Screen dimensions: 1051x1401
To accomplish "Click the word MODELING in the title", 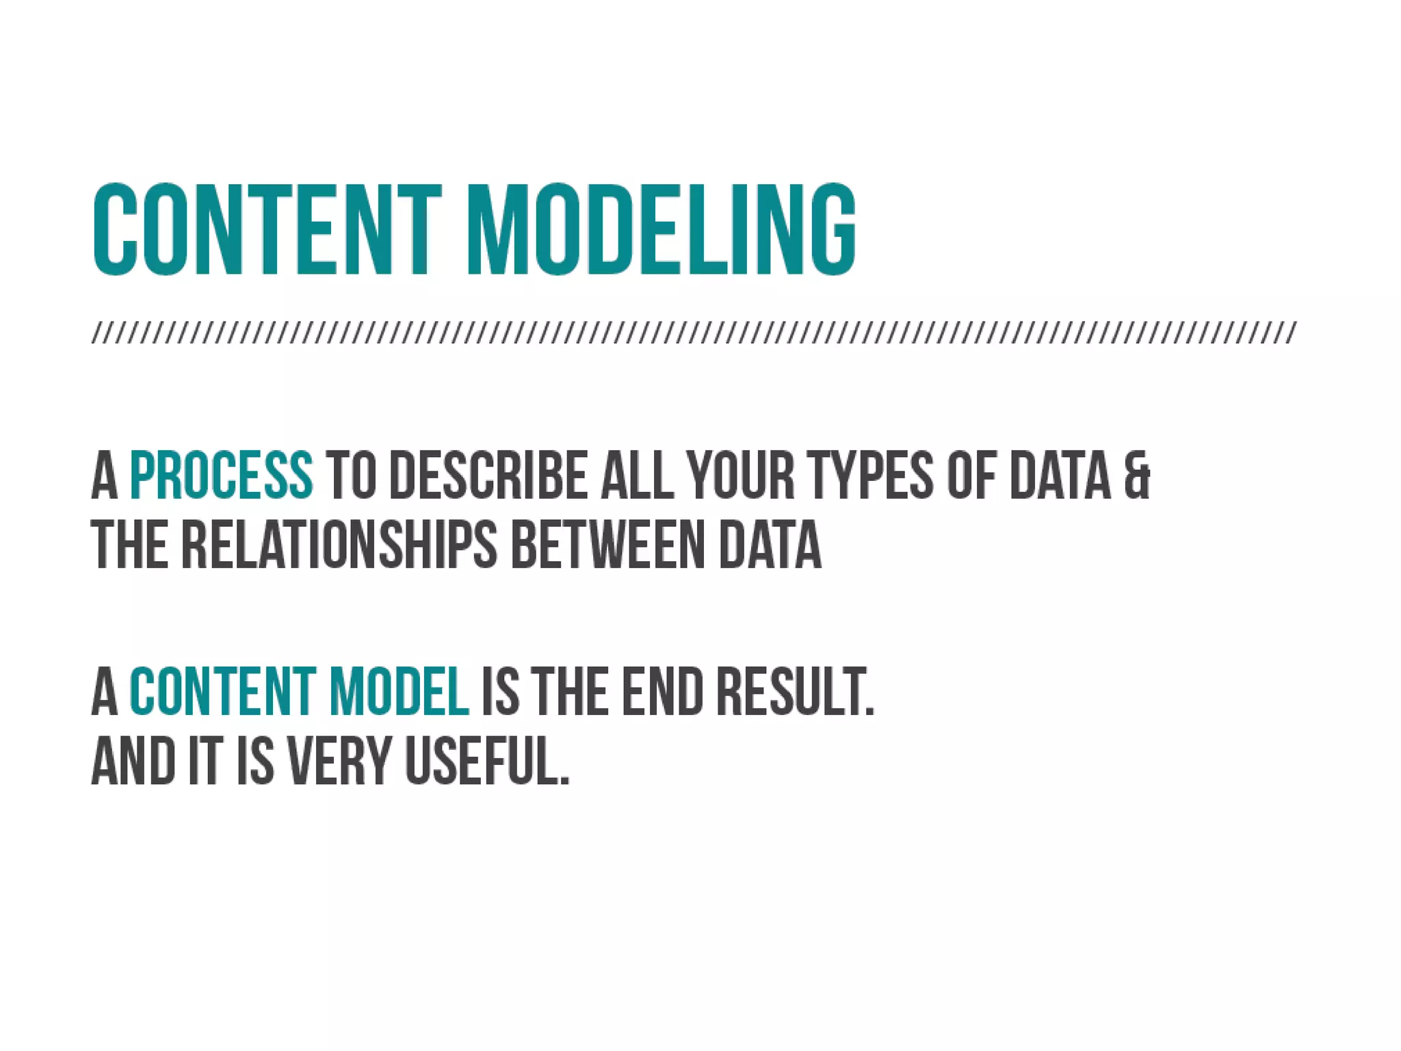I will tap(661, 231).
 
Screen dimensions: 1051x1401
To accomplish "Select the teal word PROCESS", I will tap(222, 475).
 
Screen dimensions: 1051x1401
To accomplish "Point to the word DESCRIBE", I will tap(488, 475).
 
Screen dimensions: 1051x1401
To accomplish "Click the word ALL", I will tap(637, 475).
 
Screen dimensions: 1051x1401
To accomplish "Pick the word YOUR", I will tap(741, 475).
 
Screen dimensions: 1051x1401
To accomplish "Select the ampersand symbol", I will tap(1137, 475).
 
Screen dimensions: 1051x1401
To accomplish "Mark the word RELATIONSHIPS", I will tap(340, 545).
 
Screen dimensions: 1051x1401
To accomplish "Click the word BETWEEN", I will tap(608, 545).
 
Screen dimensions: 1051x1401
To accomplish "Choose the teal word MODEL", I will tap(399, 692).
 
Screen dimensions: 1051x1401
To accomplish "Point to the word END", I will tap(662, 692).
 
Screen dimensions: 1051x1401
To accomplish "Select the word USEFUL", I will tap(487, 762).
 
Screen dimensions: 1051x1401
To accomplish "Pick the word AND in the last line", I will tap(134, 762).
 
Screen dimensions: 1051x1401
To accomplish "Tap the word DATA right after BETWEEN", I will tap(770, 545).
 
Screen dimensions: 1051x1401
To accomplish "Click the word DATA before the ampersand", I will tap(1060, 475).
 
